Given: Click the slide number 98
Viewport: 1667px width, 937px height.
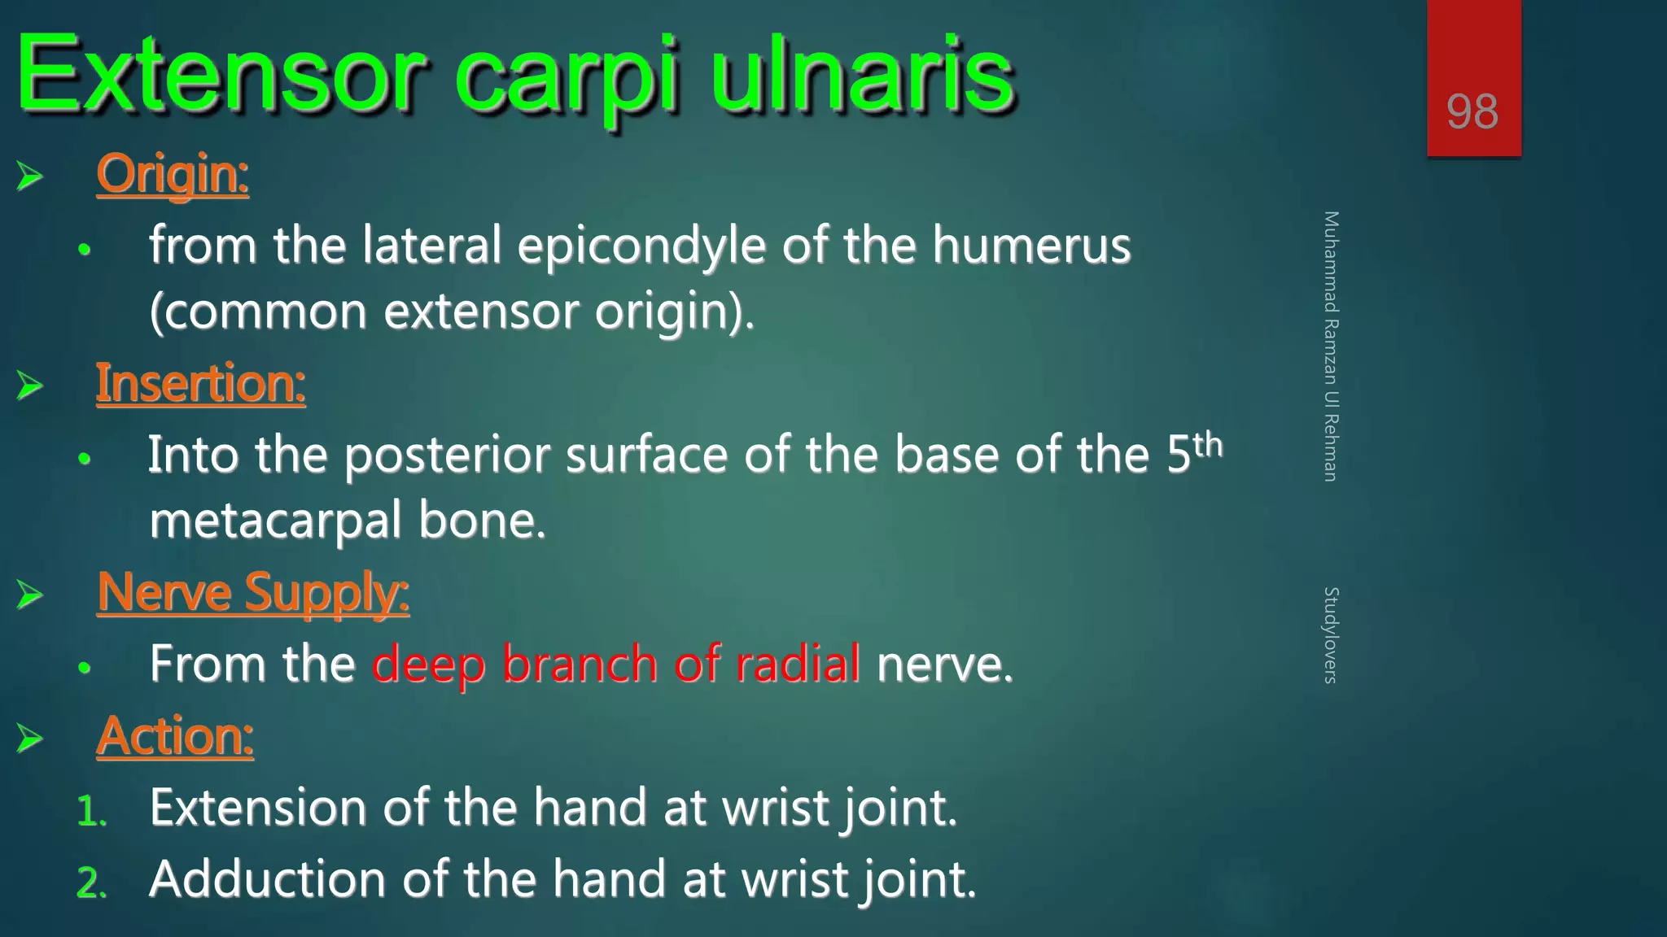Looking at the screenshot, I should (x=1472, y=111).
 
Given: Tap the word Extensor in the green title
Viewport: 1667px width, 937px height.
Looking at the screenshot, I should (x=220, y=76).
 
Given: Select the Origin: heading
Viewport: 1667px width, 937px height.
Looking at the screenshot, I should (x=173, y=174).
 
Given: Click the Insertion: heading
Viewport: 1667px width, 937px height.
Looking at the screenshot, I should (x=200, y=383).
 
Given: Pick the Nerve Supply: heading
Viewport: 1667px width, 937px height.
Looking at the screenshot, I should (x=252, y=592).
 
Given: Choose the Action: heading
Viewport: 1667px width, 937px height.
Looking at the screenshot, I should (x=175, y=736).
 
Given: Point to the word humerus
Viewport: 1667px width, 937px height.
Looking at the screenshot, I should (x=1031, y=246).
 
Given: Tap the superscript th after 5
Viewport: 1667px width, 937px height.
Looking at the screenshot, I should (x=1208, y=445).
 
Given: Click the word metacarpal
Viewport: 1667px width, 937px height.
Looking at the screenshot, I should (x=275, y=521).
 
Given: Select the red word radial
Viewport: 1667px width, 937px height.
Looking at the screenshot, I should (x=798, y=664).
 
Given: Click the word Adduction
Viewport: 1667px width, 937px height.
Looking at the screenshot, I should (x=267, y=879).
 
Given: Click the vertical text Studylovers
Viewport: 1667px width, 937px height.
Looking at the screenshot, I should (x=1330, y=635).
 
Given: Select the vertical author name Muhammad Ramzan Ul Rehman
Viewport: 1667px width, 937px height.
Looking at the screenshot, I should (x=1330, y=346).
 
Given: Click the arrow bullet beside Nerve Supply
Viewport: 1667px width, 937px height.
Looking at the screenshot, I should (x=30, y=595).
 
